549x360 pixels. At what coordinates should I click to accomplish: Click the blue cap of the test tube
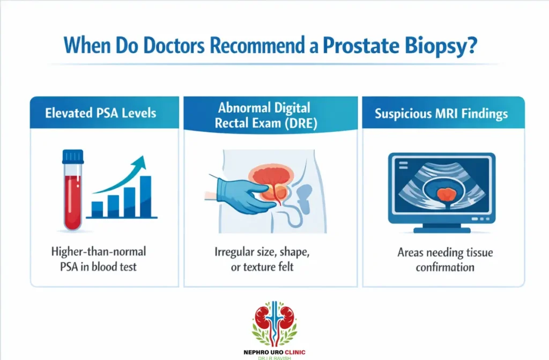(73, 156)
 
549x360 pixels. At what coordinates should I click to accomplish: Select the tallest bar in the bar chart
(145, 195)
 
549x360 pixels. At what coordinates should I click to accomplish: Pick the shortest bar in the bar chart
(97, 209)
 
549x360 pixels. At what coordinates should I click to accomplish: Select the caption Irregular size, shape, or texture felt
(271, 259)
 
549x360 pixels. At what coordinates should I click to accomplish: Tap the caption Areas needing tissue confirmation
(444, 259)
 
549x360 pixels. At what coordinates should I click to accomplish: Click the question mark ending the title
(472, 46)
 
